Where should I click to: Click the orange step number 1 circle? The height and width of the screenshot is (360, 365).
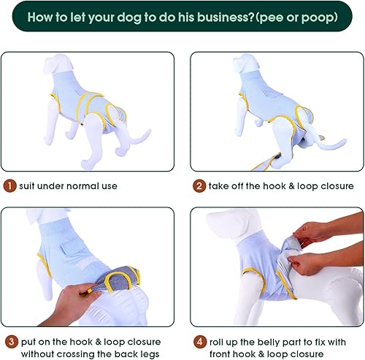pyautogui.click(x=9, y=185)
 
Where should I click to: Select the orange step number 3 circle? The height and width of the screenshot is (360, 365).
pyautogui.click(x=9, y=340)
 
